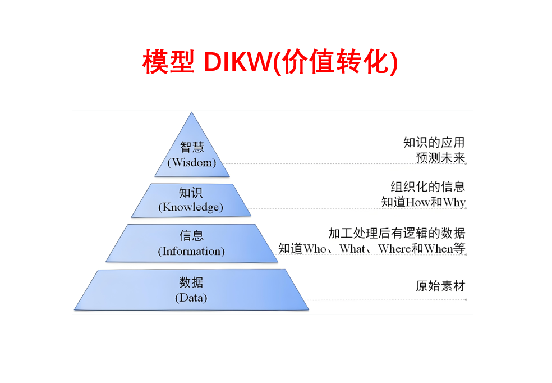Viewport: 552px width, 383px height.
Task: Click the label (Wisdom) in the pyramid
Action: pyautogui.click(x=192, y=163)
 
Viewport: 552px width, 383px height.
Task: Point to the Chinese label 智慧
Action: pyautogui.click(x=192, y=147)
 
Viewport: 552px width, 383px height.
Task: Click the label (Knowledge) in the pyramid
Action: pyautogui.click(x=191, y=207)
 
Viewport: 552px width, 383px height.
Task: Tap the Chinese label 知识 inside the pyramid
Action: pyautogui.click(x=191, y=193)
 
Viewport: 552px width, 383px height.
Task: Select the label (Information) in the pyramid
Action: pyautogui.click(x=191, y=251)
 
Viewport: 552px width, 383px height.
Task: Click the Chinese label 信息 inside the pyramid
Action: pyautogui.click(x=191, y=236)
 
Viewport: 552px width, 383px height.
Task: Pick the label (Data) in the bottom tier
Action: pyautogui.click(x=191, y=298)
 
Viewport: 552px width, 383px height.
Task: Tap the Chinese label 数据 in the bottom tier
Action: pyautogui.click(x=191, y=282)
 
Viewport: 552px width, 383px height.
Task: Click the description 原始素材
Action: pyautogui.click(x=440, y=286)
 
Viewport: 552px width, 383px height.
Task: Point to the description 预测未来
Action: pyautogui.click(x=440, y=158)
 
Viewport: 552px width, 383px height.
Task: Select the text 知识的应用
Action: pyautogui.click(x=434, y=143)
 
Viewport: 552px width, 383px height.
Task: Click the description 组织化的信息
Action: pyautogui.click(x=428, y=186)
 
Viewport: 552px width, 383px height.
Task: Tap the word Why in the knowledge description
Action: pyautogui.click(x=454, y=202)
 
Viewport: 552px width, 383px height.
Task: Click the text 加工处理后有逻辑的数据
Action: pyautogui.click(x=397, y=232)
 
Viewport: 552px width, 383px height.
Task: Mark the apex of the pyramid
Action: pyautogui.click(x=192, y=113)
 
